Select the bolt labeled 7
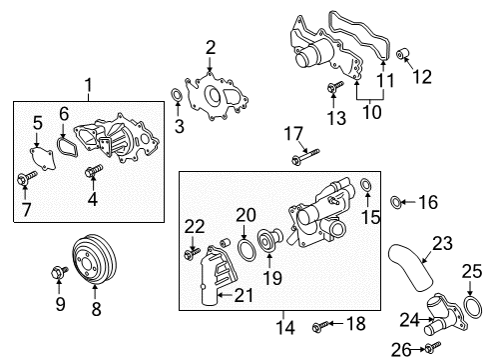[x=23, y=180]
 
